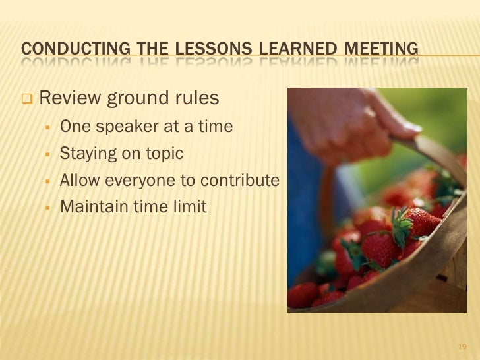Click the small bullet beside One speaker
(x=49, y=127)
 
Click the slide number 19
(x=461, y=347)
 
